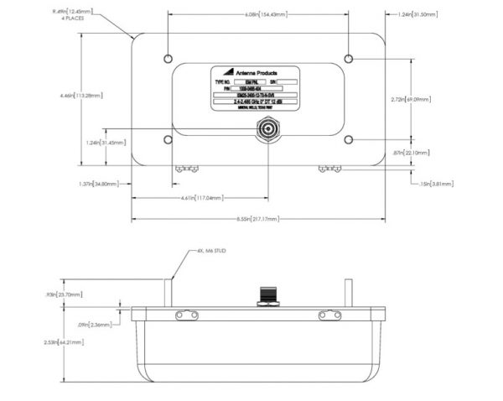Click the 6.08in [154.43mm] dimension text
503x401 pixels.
[258, 14]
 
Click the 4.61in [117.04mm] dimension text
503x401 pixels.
[202, 198]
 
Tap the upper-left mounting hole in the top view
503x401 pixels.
[169, 60]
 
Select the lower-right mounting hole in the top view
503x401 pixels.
[349, 139]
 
